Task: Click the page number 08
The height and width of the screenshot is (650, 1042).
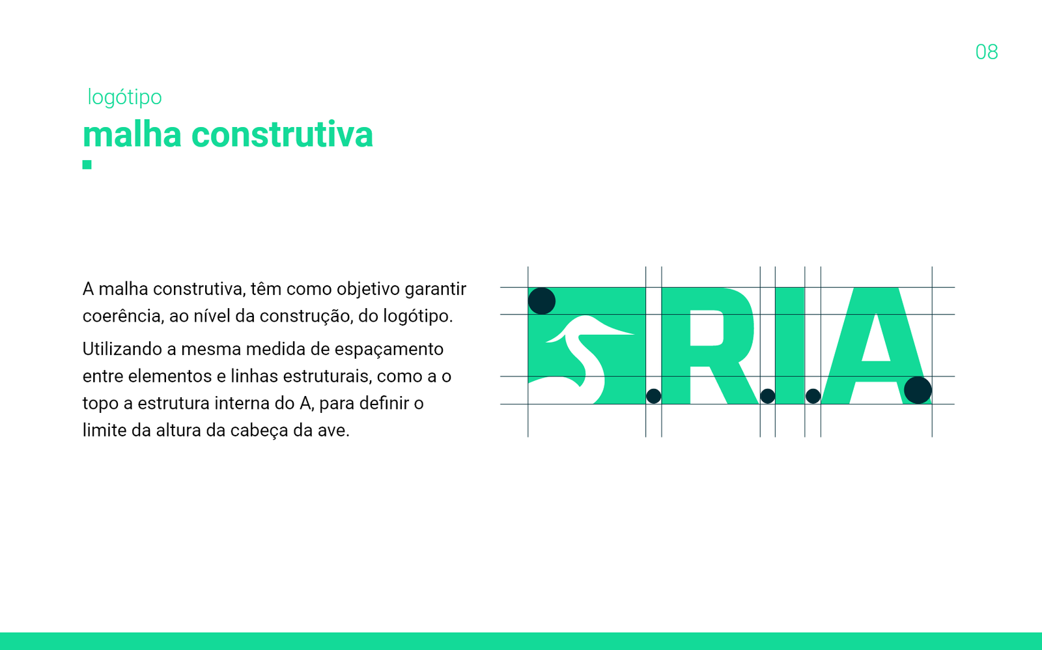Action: (986, 52)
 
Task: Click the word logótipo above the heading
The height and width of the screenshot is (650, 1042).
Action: (124, 98)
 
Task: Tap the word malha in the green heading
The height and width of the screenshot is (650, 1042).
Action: (132, 134)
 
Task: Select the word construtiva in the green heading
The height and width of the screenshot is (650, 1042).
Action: (283, 135)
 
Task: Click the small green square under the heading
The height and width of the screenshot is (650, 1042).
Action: (87, 164)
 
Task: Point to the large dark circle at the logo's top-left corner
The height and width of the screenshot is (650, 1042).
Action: (541, 301)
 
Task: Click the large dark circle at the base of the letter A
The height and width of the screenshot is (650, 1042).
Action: (918, 390)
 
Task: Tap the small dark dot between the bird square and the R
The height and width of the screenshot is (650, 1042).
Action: (654, 396)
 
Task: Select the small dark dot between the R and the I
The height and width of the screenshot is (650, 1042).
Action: (768, 396)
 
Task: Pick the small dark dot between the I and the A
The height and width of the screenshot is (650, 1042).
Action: (813, 396)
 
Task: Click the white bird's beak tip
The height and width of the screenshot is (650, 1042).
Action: (634, 333)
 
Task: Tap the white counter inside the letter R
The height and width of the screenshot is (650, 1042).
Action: (707, 328)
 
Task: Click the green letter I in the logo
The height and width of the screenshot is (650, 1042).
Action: (790, 346)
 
